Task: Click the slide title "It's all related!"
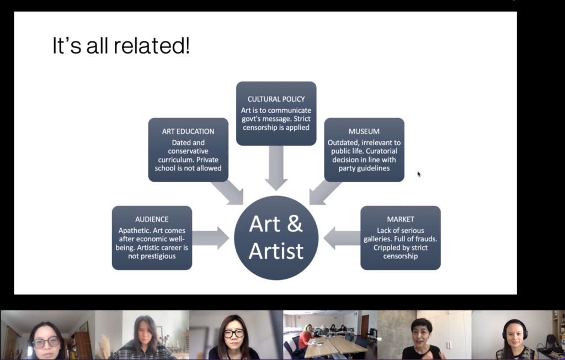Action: tap(121, 45)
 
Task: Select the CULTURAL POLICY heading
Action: tap(276, 99)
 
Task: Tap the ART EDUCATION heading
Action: tap(188, 131)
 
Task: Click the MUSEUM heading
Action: tap(364, 131)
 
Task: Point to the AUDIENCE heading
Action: tap(152, 219)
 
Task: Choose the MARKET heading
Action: tap(401, 219)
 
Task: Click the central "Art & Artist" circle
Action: tap(276, 238)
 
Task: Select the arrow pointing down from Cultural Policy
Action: tap(276, 168)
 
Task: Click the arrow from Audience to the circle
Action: tap(211, 238)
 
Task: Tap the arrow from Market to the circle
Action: tap(342, 238)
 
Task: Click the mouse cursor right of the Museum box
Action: tap(419, 174)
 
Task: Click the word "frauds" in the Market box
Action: tap(425, 239)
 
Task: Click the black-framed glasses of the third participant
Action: tap(233, 333)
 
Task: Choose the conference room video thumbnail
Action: tap(330, 335)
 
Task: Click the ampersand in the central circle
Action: tap(295, 224)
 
